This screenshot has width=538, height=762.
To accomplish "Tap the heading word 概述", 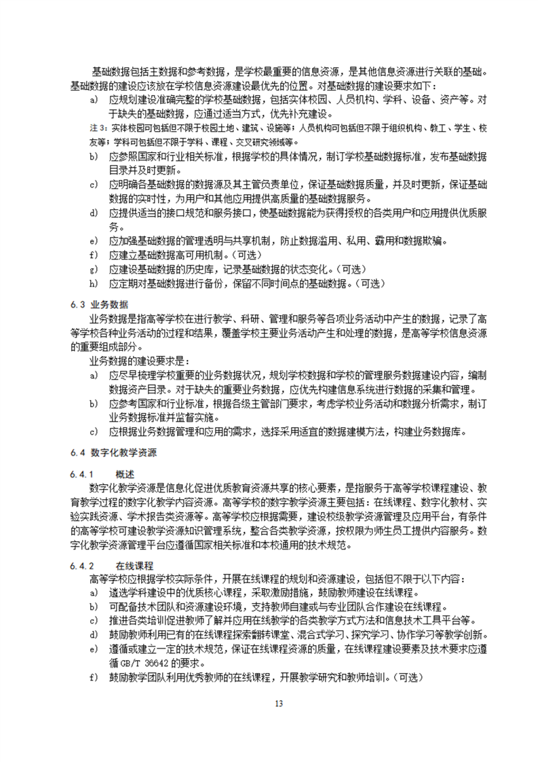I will [x=125, y=472].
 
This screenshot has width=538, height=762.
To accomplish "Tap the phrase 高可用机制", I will [x=201, y=255].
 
